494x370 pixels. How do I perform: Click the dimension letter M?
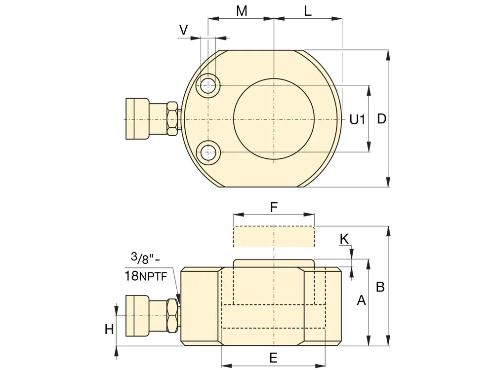(242, 11)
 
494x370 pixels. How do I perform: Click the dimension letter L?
(308, 11)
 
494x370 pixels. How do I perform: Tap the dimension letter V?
(183, 30)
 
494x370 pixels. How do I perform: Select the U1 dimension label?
(357, 119)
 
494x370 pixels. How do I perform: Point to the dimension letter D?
(381, 119)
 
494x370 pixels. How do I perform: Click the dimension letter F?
(274, 208)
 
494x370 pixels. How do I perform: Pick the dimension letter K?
(344, 239)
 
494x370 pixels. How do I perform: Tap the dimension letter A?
(362, 300)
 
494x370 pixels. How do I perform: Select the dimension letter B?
(380, 287)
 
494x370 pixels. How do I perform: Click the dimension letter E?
(273, 358)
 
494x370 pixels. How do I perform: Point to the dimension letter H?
(109, 330)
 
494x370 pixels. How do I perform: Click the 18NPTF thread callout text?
(146, 276)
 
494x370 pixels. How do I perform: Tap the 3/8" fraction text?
(145, 258)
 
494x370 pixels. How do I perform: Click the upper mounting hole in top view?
(208, 85)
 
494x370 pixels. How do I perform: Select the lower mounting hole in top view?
(208, 152)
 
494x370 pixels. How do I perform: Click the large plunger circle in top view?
(274, 118)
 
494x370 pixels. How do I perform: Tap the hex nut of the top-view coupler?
(172, 118)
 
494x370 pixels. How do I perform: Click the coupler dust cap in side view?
(137, 316)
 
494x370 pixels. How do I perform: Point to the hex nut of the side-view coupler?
(172, 316)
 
